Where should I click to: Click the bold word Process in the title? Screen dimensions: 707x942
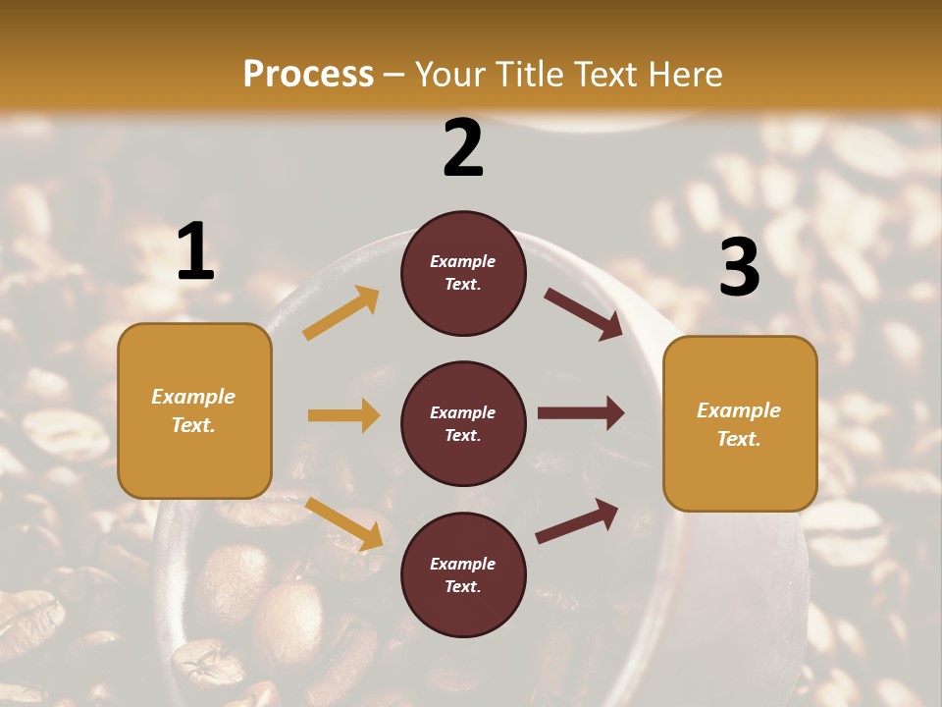pyautogui.click(x=308, y=74)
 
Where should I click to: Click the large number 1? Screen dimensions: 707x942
pyautogui.click(x=195, y=252)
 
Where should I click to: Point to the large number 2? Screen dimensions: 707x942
pyautogui.click(x=463, y=148)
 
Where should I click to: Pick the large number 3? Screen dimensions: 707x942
pyautogui.click(x=739, y=267)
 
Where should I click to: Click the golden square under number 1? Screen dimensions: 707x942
pyautogui.click(x=194, y=410)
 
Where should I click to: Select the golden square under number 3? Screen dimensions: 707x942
pyautogui.click(x=740, y=423)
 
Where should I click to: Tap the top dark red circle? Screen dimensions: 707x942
pyautogui.click(x=463, y=273)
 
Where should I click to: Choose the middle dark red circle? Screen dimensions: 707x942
pyautogui.click(x=463, y=423)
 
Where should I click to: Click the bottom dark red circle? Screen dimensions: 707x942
pyautogui.click(x=463, y=574)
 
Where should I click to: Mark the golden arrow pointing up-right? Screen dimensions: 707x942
pyautogui.click(x=341, y=313)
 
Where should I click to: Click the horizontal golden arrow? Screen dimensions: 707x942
pyautogui.click(x=343, y=415)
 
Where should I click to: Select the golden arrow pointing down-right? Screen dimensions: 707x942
pyautogui.click(x=344, y=523)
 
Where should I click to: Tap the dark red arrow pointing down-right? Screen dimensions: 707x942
pyautogui.click(x=584, y=314)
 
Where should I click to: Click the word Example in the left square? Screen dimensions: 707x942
pyautogui.click(x=193, y=397)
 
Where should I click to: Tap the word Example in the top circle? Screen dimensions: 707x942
pyautogui.click(x=463, y=262)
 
